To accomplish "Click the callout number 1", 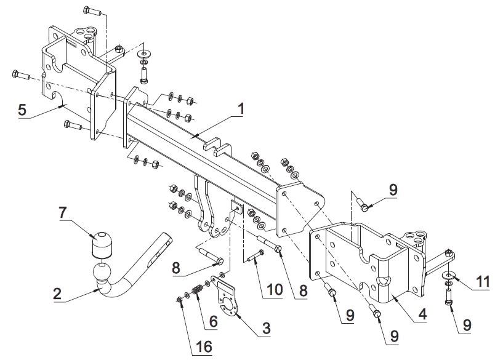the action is (240, 109).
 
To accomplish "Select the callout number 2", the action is (57, 294).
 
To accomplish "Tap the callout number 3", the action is (266, 328).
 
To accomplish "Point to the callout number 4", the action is (422, 314).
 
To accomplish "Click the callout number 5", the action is (22, 110).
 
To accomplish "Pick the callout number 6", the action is (213, 321).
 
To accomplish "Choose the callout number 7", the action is (63, 213).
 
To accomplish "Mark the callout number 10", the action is (275, 289).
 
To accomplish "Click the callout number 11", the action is (483, 282).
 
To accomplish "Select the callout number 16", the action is (204, 346).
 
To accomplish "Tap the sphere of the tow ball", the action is (102, 272).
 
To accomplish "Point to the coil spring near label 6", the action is (196, 290).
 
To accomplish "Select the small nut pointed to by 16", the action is (179, 300).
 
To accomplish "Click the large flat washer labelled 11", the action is (448, 274).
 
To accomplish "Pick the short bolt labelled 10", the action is (256, 257).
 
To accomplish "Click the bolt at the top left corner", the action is (92, 11).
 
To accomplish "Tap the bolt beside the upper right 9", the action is (363, 204).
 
